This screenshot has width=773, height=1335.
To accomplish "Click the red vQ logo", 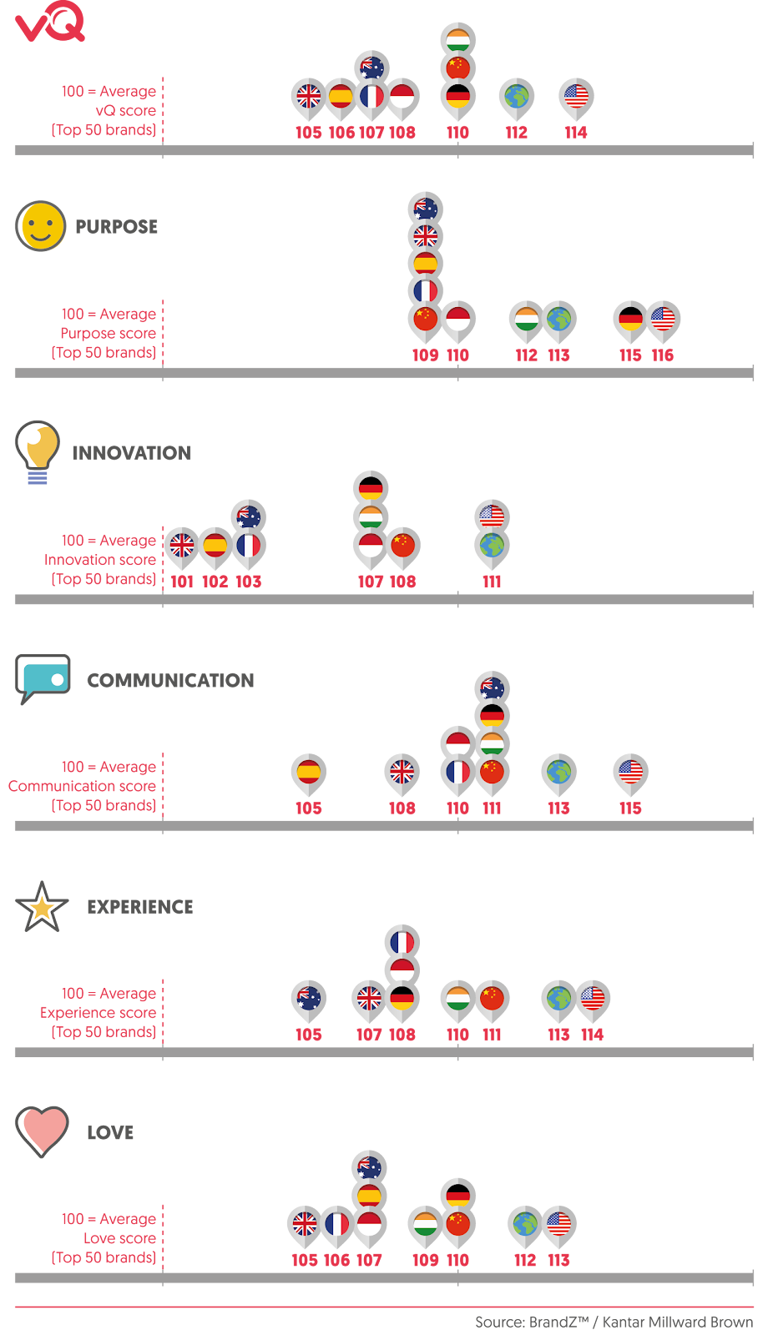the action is tap(50, 22).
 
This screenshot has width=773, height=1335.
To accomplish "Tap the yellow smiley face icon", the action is tap(41, 226).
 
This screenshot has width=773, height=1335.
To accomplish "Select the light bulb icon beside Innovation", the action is tap(38, 452).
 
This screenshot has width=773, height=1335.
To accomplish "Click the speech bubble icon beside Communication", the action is tap(43, 679).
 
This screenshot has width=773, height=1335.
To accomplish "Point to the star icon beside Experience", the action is tap(41, 907).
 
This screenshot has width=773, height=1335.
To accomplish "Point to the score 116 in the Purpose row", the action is tap(663, 355).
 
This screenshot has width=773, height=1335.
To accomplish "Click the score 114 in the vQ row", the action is tap(576, 133).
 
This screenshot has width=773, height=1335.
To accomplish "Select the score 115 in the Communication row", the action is tap(630, 809).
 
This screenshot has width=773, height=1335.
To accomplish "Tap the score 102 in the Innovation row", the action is tap(215, 582).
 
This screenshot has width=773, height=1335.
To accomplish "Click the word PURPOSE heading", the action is tap(116, 227).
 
